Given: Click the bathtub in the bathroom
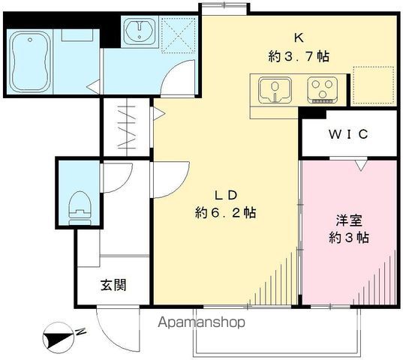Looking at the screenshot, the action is [x=30, y=62].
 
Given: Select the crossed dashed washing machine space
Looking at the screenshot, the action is [x=178, y=34].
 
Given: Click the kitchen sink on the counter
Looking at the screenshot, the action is [x=275, y=91].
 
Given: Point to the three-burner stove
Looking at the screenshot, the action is [x=322, y=91].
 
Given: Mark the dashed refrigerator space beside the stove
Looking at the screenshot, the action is [x=374, y=85].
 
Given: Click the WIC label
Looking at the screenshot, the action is [x=349, y=134].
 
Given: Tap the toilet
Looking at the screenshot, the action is [x=80, y=208].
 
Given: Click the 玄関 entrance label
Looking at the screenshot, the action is [x=113, y=285].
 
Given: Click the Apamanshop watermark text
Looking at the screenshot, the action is [x=201, y=322].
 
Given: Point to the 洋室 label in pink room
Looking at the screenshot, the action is [x=349, y=220].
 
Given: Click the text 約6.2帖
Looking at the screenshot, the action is [x=225, y=212].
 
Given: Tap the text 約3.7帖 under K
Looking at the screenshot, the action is [x=299, y=56].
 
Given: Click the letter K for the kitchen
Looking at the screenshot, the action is [x=299, y=38].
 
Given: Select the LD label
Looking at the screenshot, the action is [x=225, y=196].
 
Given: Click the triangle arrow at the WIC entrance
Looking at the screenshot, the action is [x=362, y=165].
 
